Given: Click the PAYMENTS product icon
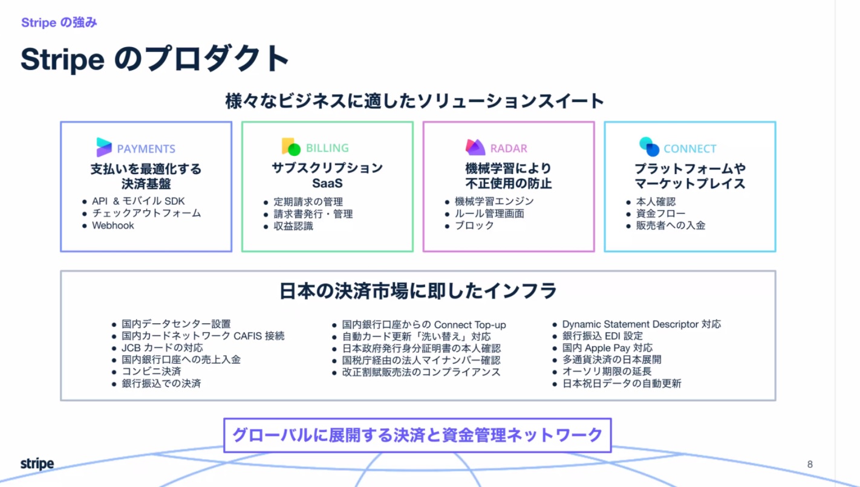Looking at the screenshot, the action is pos(103,147).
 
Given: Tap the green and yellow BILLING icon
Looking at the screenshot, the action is pos(291,146).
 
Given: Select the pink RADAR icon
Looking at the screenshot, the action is pos(475,147).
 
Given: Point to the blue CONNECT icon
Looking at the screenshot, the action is pos(649,146).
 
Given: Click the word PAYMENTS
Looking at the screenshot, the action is pos(146,149).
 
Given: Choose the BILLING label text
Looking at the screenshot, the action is pos(327,148).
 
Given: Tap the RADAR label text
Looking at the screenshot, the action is pos(509,149).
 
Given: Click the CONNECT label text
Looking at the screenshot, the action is pos(690,149).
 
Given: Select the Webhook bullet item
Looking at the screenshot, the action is pos(113,225).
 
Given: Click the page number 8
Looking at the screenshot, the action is pos(810,465).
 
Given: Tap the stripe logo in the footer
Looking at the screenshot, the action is pos(37,463).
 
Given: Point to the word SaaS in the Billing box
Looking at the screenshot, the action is pos(327,183).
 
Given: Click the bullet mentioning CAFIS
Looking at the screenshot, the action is pos(203,336).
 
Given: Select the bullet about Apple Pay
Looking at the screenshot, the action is pos(607,348).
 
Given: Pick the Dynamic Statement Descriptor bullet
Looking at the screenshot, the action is pos(642,324).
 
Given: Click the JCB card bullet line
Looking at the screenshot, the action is pos(162,348).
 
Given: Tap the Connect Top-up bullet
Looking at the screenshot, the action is pos(424,325).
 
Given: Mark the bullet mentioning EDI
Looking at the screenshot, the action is pos(602,336).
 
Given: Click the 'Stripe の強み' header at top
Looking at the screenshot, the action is pos(59,22).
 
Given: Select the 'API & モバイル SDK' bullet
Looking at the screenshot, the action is pos(138,201).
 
